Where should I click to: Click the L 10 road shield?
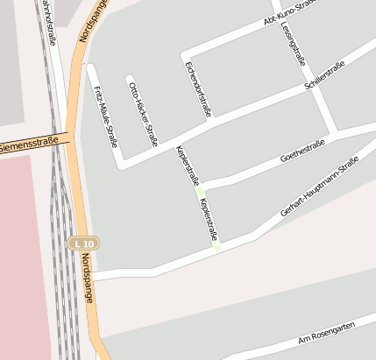pyautogui.click(x=85, y=243)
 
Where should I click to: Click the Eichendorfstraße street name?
pyautogui.click(x=198, y=89)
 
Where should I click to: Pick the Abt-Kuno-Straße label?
pyautogui.click(x=289, y=17)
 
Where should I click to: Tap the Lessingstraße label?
pyautogui.click(x=291, y=42)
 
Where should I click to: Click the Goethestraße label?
pyautogui.click(x=302, y=150)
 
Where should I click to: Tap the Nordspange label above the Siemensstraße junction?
pyautogui.click(x=92, y=21)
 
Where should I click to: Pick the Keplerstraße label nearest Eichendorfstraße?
pyautogui.click(x=188, y=165)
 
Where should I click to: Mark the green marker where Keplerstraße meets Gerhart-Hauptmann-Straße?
pyautogui.click(x=217, y=249)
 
